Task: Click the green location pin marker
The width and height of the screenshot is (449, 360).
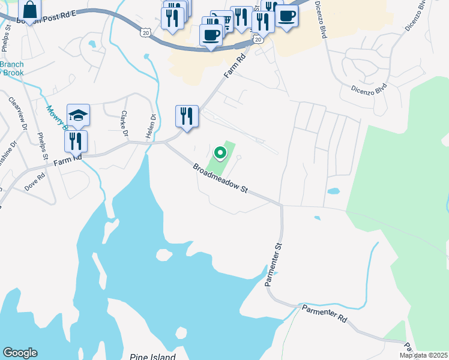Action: pos(220,154)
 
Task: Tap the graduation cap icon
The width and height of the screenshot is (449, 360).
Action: pos(78,115)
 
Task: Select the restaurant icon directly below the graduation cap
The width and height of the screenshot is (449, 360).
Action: pos(76,141)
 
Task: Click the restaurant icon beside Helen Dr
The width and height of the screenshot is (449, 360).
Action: pos(187,116)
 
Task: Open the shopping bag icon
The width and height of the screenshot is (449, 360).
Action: pos(29,10)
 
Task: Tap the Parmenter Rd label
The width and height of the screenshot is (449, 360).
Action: pos(324,313)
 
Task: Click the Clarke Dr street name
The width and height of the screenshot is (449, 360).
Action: pos(125,123)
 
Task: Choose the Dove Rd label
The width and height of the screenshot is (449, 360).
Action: pos(35,182)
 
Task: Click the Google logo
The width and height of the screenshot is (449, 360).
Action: pos(20,353)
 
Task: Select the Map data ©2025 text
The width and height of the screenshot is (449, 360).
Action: pos(423,355)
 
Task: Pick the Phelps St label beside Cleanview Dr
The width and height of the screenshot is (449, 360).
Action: pos(43,147)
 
